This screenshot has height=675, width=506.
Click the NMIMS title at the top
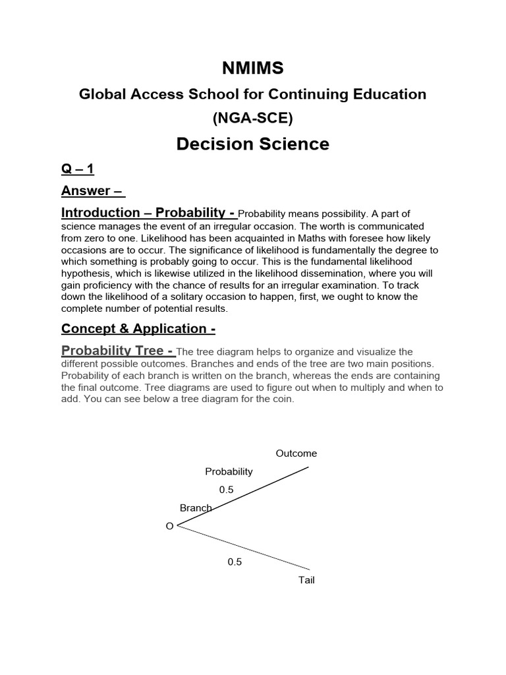click(252, 67)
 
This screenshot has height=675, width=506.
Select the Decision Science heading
click(252, 144)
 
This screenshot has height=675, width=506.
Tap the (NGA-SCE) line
click(252, 119)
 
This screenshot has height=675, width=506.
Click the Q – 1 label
click(78, 169)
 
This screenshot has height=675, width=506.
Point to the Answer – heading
click(92, 191)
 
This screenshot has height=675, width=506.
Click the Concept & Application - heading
click(138, 328)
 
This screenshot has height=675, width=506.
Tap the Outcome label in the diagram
click(296, 454)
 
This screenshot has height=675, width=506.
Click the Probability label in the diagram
click(229, 471)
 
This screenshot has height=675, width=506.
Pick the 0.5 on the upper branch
click(226, 490)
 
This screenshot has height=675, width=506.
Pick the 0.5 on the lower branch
click(235, 562)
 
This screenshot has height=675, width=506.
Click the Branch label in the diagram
click(195, 508)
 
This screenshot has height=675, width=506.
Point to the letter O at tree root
click(169, 526)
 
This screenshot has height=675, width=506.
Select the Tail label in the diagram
click(306, 581)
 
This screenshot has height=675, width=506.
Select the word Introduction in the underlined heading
click(100, 212)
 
